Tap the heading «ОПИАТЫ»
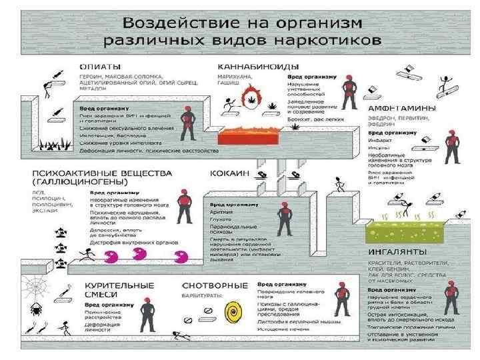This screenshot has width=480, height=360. click(100, 66)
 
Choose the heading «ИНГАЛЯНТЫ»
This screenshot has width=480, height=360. click(397, 253)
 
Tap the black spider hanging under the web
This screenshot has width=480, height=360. click(35, 310)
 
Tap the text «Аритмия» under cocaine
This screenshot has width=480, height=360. click(221, 211)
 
